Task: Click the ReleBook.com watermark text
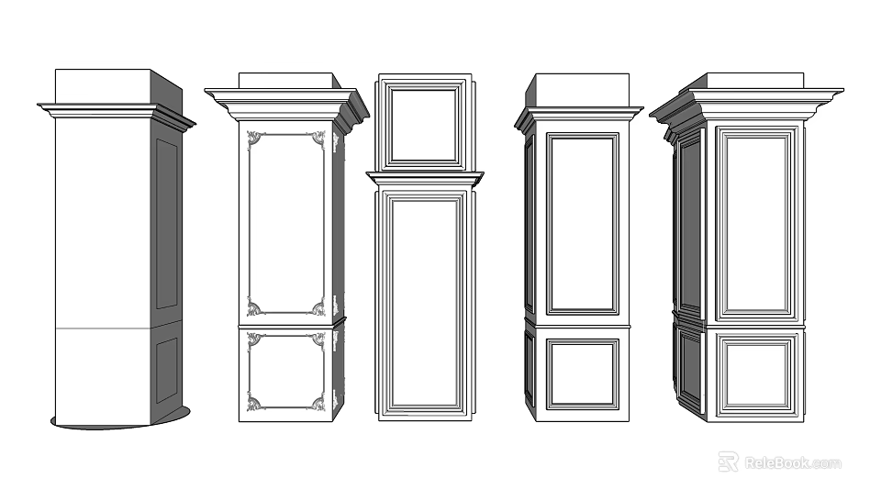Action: [x=792, y=462]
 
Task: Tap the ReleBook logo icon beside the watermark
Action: [x=728, y=462]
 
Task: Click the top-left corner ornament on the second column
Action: [x=255, y=139]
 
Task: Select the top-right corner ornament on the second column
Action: [x=318, y=139]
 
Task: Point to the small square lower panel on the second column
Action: [x=285, y=372]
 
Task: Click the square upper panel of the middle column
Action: [x=423, y=124]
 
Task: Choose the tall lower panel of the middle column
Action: [x=424, y=303]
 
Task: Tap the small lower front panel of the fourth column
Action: [x=583, y=373]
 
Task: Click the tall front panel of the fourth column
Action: [x=583, y=223]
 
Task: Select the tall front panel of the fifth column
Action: [x=756, y=223]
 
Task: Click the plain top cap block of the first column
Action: [x=103, y=86]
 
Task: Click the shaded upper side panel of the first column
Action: [x=166, y=223]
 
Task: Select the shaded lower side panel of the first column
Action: [x=166, y=370]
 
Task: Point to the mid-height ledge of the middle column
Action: [x=424, y=178]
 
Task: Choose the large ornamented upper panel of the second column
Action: [x=285, y=223]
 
